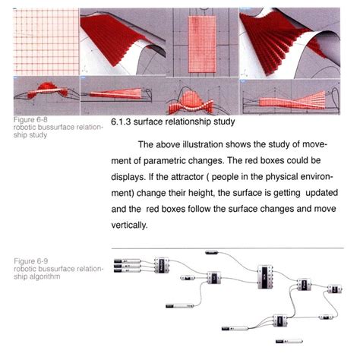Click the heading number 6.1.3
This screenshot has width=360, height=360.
point(122,122)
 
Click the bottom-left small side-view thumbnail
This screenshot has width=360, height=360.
point(45,94)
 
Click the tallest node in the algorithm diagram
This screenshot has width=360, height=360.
point(265,276)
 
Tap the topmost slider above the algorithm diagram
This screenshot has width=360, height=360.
point(211,252)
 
